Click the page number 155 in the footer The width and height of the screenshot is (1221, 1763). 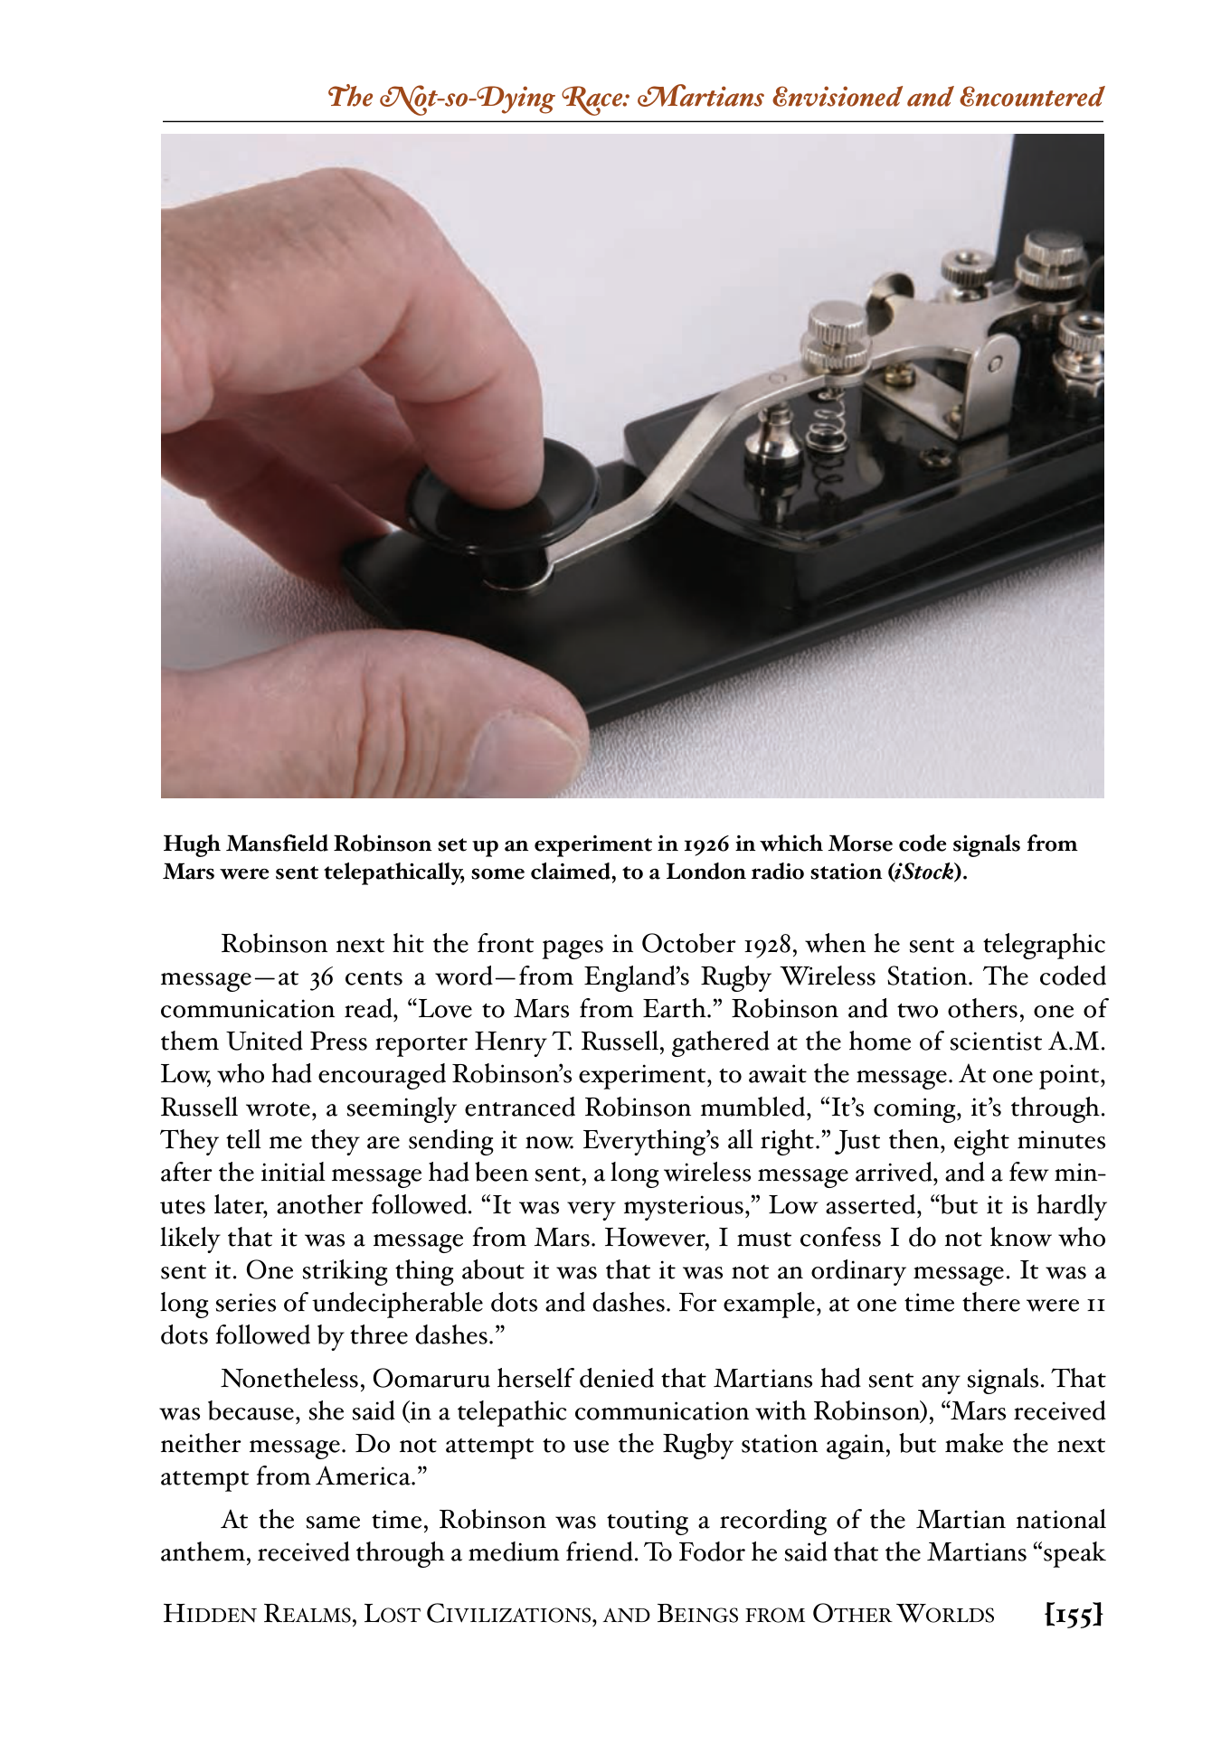tap(1074, 1614)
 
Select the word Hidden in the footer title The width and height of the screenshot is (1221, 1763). tap(211, 1614)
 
